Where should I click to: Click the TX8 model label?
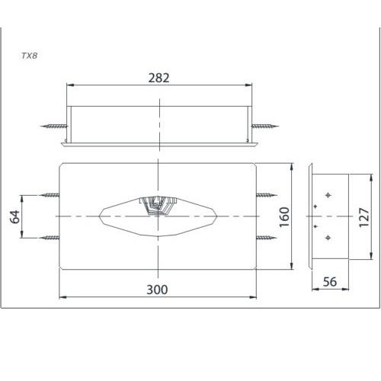click(30, 56)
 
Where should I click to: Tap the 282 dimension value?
click(158, 78)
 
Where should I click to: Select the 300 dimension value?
click(157, 290)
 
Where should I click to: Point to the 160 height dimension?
click(284, 217)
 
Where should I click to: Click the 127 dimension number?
click(364, 217)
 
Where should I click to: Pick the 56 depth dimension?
click(330, 282)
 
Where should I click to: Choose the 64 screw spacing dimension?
click(14, 216)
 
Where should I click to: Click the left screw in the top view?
click(54, 126)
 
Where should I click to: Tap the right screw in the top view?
click(265, 126)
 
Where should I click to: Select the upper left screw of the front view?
click(49, 195)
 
